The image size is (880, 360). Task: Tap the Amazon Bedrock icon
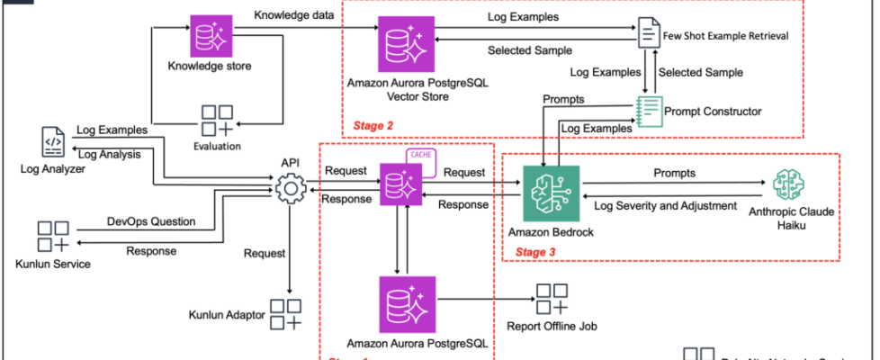551,189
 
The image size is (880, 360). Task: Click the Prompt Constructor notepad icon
649,111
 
